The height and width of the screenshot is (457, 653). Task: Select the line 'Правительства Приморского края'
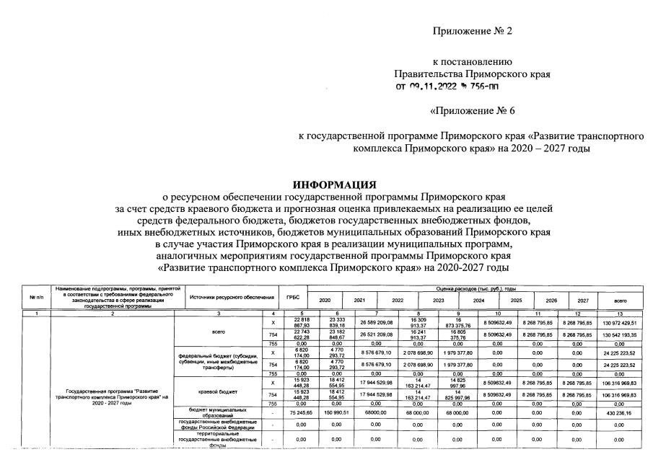pyautogui.click(x=472, y=74)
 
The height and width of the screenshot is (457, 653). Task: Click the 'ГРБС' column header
pyautogui.click(x=293, y=297)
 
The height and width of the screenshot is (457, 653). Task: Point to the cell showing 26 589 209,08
pyautogui.click(x=394, y=324)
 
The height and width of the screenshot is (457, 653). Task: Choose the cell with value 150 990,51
pyautogui.click(x=359, y=413)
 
